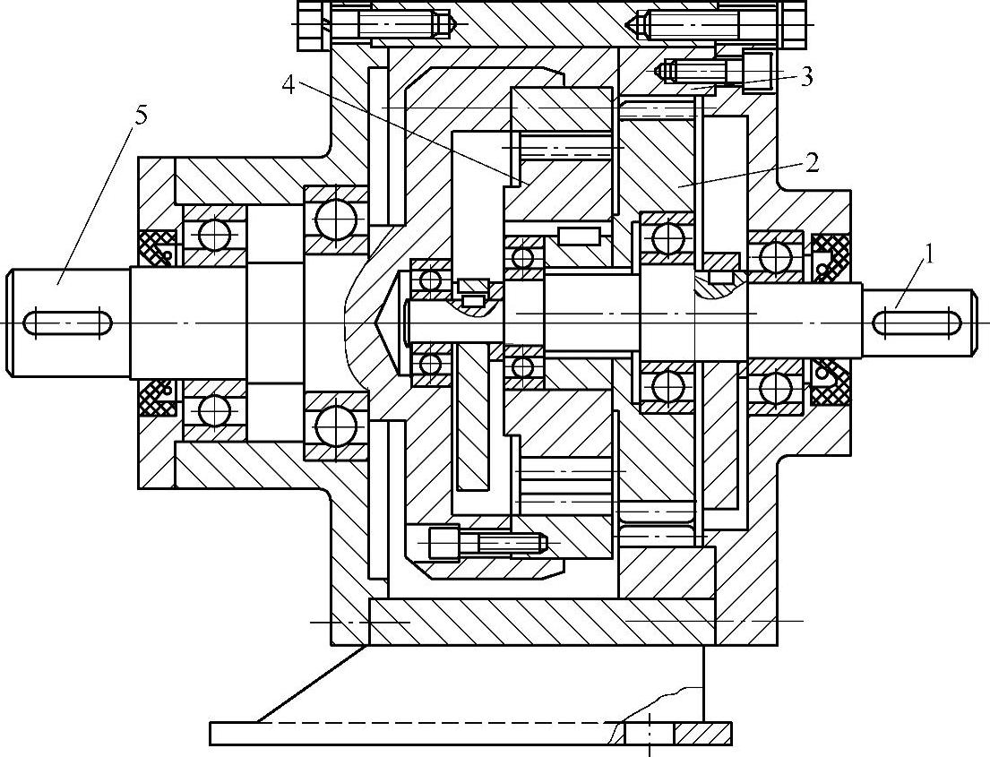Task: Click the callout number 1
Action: [x=929, y=254]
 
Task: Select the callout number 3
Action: [x=806, y=77]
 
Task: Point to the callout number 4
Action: [x=288, y=84]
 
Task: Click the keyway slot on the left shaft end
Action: [x=66, y=321]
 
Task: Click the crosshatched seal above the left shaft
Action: [x=156, y=248]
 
